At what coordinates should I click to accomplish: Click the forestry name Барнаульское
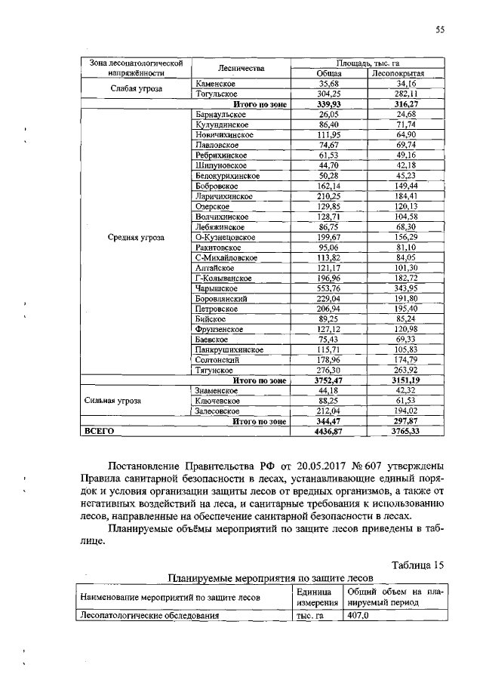pyautogui.click(x=220, y=114)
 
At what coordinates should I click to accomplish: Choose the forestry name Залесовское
pyautogui.click(x=217, y=411)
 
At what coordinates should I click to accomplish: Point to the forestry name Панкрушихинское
pyautogui.click(x=226, y=349)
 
